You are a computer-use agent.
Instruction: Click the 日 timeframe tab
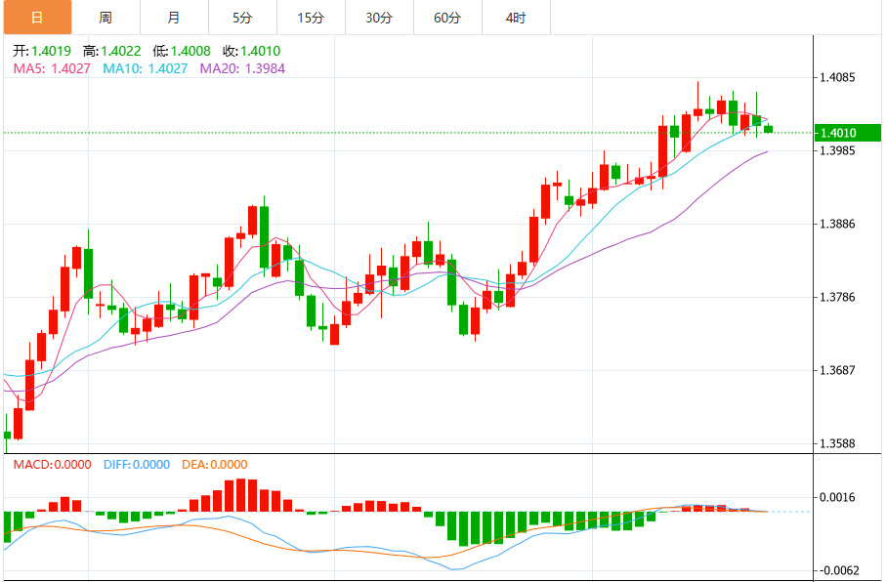click(37, 18)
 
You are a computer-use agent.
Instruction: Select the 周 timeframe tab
click(105, 18)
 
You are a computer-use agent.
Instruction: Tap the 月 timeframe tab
click(174, 18)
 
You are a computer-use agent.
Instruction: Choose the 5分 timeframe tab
click(242, 18)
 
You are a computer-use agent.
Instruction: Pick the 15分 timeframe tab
click(311, 18)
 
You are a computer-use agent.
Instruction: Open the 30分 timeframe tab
click(379, 18)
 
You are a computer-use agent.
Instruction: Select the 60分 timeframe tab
click(447, 18)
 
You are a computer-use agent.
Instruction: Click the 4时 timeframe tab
click(516, 18)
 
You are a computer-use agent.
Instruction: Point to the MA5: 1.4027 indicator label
click(53, 68)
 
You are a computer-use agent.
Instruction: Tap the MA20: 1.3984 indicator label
click(242, 68)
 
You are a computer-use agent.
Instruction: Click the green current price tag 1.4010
click(839, 133)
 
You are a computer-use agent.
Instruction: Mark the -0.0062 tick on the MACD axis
click(839, 569)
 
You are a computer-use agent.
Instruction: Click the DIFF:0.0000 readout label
click(136, 465)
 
